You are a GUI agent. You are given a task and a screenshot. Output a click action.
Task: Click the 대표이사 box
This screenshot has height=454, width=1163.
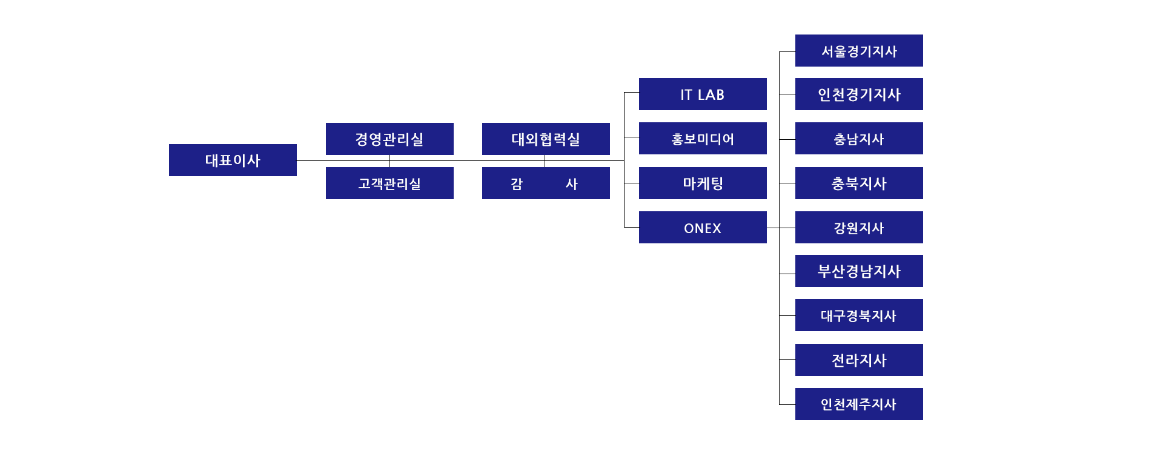click(x=233, y=160)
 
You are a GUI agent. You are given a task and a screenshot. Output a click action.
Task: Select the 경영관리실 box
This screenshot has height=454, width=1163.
click(x=389, y=139)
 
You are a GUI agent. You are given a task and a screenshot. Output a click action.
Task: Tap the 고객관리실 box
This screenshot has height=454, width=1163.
click(x=389, y=183)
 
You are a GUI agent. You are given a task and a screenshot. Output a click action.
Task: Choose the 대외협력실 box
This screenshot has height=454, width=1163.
click(x=546, y=139)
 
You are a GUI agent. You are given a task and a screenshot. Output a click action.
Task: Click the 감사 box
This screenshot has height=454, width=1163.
click(x=546, y=183)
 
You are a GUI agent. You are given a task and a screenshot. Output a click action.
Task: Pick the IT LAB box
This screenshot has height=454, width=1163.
click(x=703, y=94)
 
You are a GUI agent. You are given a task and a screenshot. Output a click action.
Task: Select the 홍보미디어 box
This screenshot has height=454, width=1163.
click(x=703, y=138)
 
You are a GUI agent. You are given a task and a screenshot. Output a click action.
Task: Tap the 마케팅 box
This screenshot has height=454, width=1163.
click(x=703, y=183)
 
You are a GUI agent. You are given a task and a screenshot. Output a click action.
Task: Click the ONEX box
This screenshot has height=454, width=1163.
click(x=703, y=227)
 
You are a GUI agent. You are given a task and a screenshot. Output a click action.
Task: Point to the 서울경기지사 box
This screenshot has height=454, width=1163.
click(x=859, y=50)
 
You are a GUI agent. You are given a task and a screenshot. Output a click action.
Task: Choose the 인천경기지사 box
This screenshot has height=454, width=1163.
click(x=859, y=94)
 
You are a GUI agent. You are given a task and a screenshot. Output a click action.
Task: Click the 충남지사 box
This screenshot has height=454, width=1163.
click(x=859, y=138)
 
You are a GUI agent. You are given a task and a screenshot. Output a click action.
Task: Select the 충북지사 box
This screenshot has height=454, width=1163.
click(x=859, y=183)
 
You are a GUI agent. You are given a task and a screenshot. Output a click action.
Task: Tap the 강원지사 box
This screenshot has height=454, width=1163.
click(x=859, y=227)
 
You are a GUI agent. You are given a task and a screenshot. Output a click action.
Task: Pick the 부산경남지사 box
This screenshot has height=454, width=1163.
click(x=859, y=271)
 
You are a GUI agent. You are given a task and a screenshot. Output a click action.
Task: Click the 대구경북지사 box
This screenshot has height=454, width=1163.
click(x=859, y=315)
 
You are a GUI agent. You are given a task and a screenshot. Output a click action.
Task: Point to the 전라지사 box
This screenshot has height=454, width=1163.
click(x=859, y=360)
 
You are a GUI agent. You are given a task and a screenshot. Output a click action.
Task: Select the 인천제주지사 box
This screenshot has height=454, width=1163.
click(x=859, y=404)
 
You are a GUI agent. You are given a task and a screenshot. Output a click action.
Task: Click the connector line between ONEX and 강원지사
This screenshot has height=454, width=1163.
click(x=781, y=228)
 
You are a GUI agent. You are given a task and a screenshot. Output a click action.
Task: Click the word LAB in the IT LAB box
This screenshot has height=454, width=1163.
click(x=711, y=94)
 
